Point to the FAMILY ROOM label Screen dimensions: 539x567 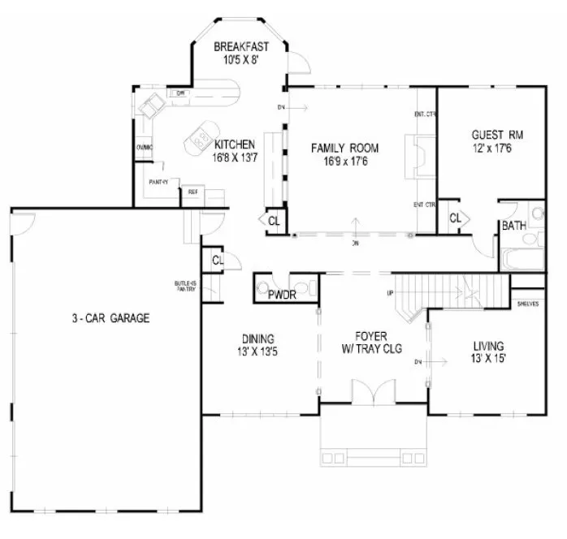click(x=345, y=148)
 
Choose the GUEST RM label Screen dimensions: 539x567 click(x=496, y=135)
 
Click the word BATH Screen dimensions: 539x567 click(x=513, y=225)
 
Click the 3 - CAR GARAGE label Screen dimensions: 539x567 click(x=109, y=318)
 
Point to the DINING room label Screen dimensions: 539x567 click(x=257, y=339)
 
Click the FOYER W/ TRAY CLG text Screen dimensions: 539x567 click(x=374, y=340)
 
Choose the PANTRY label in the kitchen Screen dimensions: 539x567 click(x=159, y=181)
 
